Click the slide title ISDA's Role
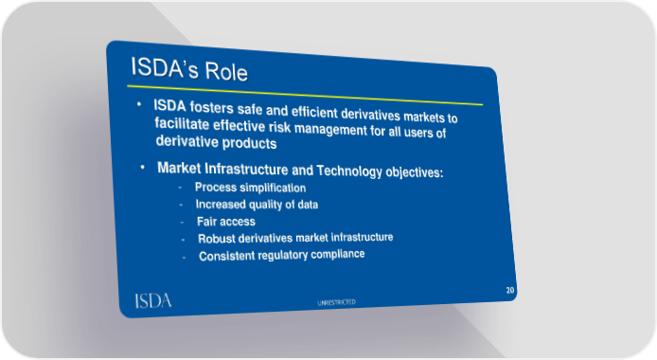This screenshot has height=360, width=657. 189,69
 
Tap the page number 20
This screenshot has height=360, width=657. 510,290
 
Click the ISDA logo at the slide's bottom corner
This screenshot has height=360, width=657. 153,301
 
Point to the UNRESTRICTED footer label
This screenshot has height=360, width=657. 336,302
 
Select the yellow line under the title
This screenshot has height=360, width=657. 305,95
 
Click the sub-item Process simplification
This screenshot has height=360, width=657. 250,188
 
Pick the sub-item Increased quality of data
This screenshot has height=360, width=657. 257,204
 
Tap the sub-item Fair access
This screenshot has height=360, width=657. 226,222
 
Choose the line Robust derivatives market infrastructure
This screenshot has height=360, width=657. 295,238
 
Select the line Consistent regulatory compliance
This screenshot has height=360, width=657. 281,255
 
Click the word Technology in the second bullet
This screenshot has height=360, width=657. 349,171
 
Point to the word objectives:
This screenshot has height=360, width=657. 415,172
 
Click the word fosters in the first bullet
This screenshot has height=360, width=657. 212,107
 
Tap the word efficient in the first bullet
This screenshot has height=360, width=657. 314,112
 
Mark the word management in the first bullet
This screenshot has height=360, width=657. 330,129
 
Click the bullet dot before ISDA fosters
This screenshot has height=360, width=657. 139,103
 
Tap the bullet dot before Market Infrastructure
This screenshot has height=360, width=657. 142,168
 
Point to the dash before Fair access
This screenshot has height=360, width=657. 182,222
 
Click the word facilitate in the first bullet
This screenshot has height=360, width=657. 182,124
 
